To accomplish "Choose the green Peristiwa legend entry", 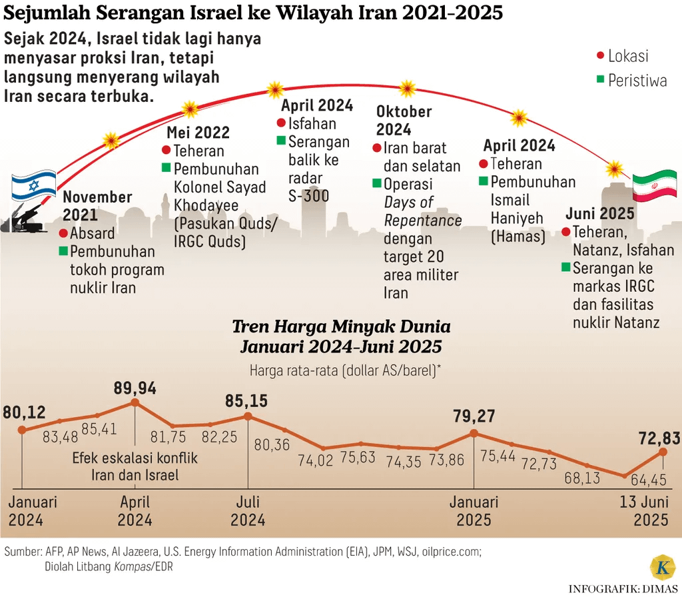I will [x=631, y=81].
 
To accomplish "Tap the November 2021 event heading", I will [x=97, y=205].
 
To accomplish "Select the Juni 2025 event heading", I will [x=600, y=215].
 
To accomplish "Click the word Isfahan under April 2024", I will [x=312, y=123].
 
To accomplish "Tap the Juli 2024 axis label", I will [x=248, y=511].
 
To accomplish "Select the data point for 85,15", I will [x=248, y=416].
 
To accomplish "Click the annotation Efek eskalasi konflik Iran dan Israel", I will [x=135, y=466].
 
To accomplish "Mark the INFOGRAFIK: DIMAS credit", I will [x=623, y=589].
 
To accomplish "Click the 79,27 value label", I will [x=474, y=416].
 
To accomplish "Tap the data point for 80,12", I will [x=22, y=430].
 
